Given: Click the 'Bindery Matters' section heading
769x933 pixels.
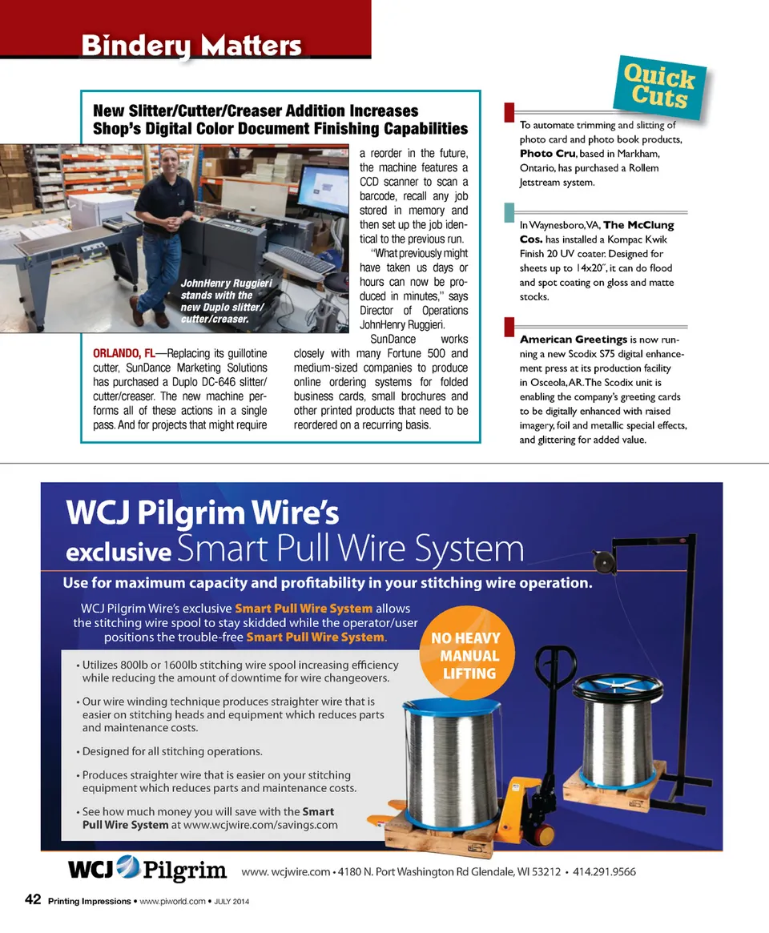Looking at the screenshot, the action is coord(191,46).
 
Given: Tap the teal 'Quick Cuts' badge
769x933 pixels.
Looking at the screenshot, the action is coord(659,87).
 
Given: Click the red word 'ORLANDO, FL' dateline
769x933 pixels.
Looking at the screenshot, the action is coord(124,353).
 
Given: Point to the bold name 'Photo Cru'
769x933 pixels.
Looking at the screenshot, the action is coord(548,154).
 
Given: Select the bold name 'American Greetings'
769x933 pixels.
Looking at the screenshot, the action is coord(574,340).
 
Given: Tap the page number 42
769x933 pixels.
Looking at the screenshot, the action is coord(33,899).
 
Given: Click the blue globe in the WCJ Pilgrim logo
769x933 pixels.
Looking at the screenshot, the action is coord(128,867).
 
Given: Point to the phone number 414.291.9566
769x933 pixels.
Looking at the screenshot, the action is coord(604,871).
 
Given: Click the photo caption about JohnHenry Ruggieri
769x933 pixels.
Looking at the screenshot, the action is coord(226,301).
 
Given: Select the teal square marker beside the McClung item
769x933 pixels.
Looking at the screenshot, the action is coord(509,212).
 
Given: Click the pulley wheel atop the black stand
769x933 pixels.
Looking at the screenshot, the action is coord(603,561).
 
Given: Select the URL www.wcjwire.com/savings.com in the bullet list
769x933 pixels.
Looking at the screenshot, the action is coord(260,826).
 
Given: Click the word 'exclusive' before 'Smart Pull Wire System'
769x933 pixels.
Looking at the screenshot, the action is coord(119,553).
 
